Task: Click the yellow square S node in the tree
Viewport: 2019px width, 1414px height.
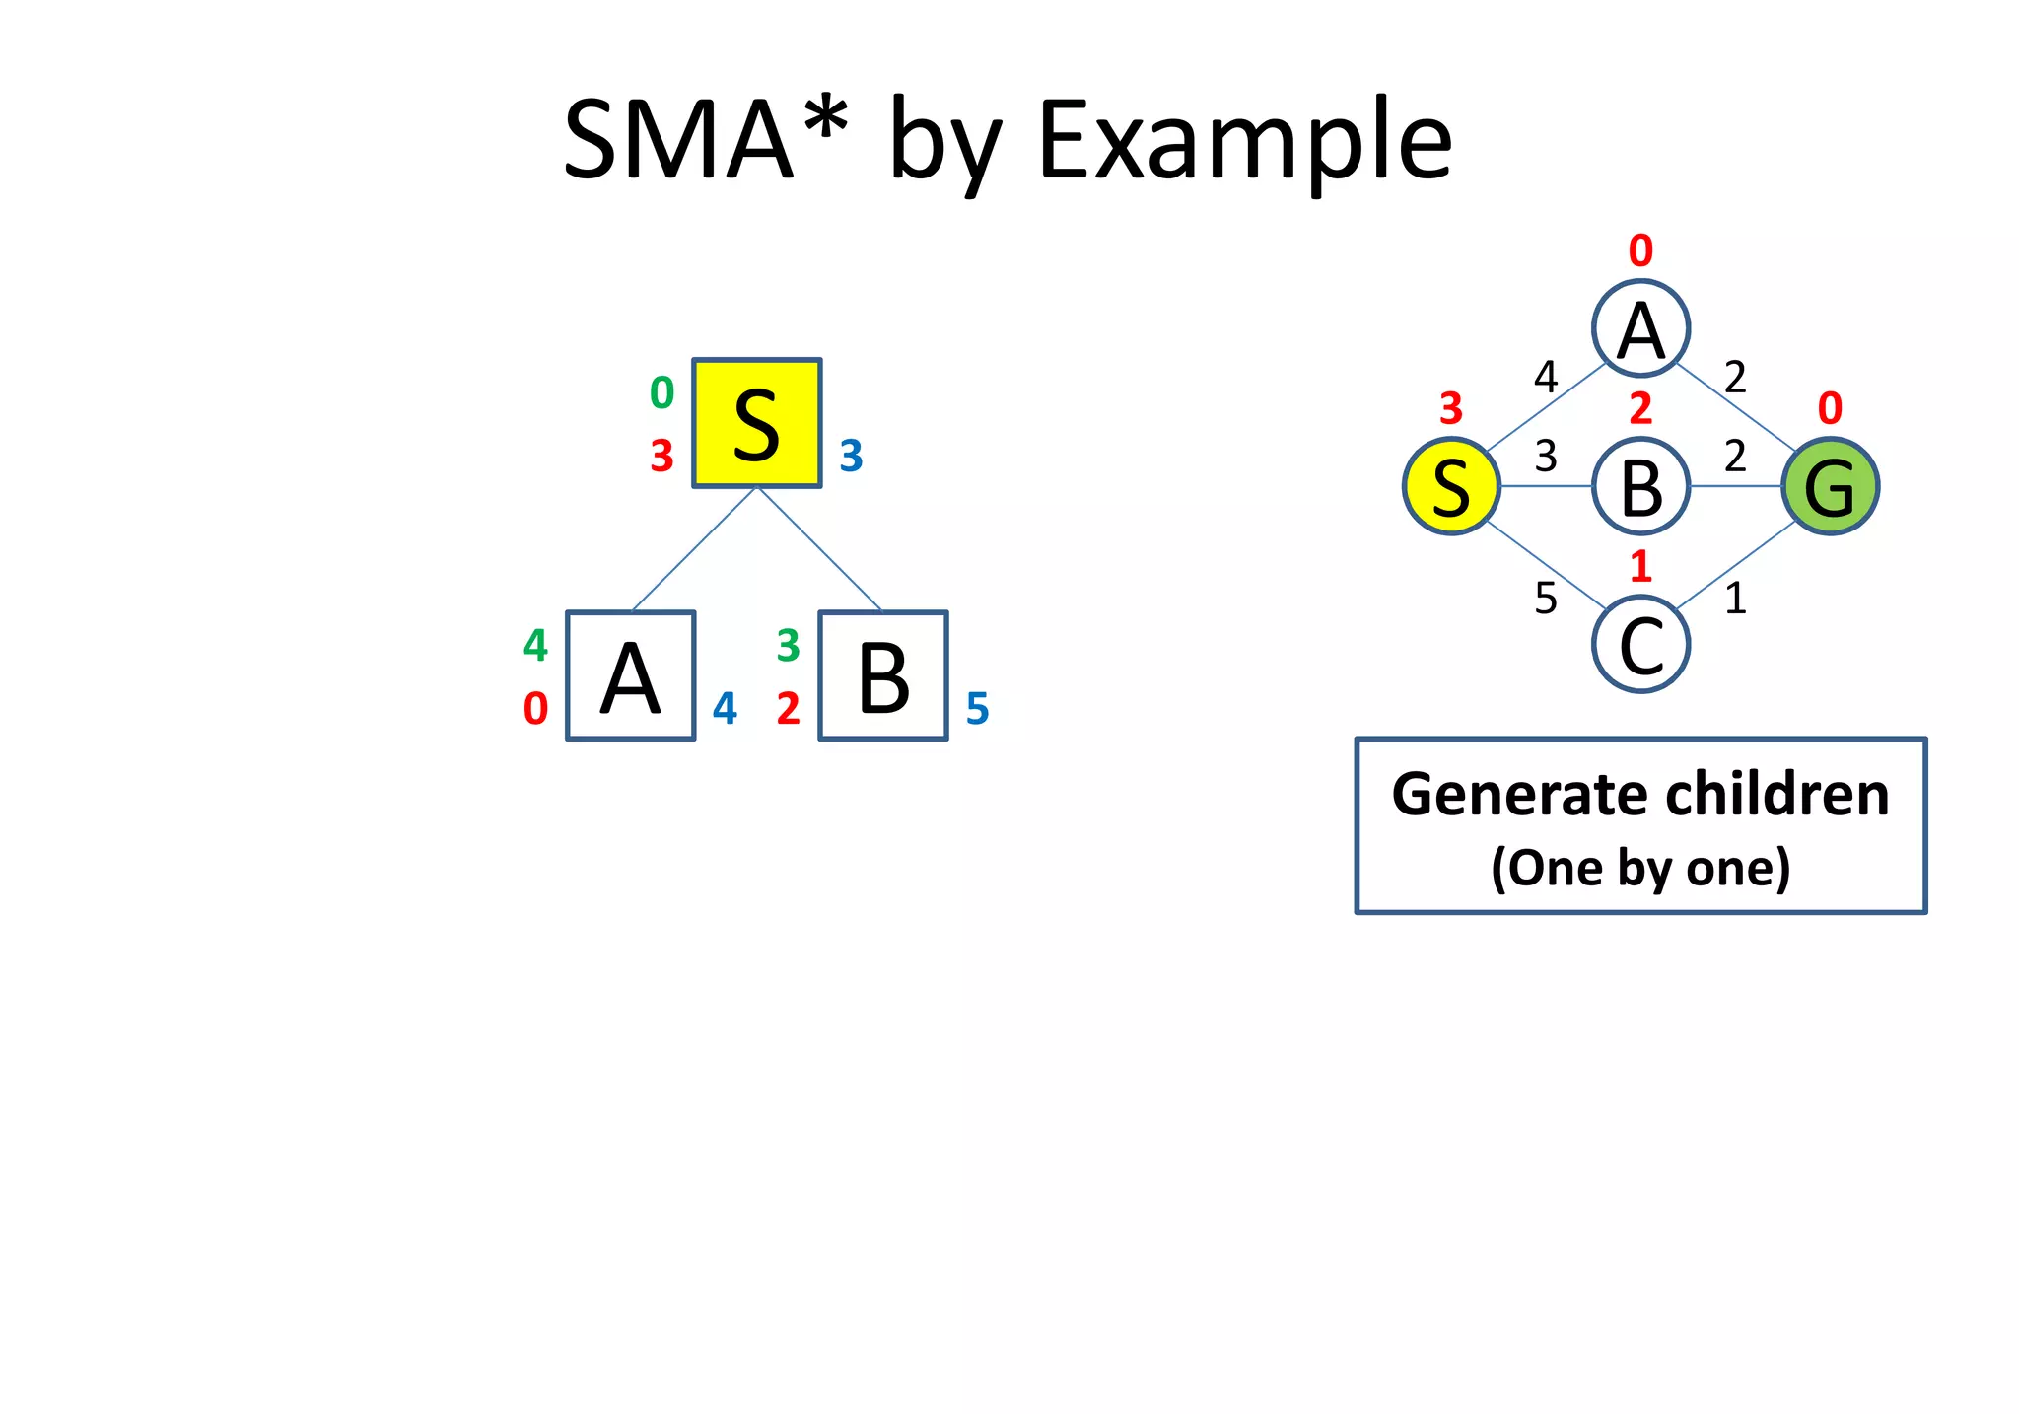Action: [x=756, y=423]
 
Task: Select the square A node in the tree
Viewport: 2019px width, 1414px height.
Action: [x=630, y=675]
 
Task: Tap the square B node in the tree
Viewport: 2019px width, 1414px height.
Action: [x=883, y=675]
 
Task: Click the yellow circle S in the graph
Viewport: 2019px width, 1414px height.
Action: [x=1451, y=486]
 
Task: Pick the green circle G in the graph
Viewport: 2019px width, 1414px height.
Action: [x=1830, y=486]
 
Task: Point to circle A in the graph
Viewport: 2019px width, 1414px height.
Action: [x=1640, y=328]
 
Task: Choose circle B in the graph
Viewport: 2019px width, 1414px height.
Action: [x=1640, y=486]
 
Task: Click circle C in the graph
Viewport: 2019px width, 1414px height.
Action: [x=1640, y=645]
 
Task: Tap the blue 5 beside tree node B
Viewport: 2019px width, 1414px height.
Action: [x=977, y=709]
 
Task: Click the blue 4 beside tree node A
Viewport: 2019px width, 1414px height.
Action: [x=725, y=709]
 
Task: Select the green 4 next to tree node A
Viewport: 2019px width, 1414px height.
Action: [x=535, y=646]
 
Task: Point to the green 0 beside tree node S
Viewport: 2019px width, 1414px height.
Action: [x=661, y=393]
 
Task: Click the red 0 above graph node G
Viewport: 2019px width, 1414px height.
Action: [x=1830, y=408]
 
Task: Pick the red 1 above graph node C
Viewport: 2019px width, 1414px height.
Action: [x=1640, y=567]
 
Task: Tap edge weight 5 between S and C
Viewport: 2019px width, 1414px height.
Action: [x=1546, y=599]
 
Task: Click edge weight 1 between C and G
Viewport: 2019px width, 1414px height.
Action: [x=1735, y=599]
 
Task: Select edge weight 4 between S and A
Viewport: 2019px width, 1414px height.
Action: [x=1546, y=377]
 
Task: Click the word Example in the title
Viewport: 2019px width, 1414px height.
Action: [x=1244, y=141]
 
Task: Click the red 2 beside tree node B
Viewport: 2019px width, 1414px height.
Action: [x=788, y=709]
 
